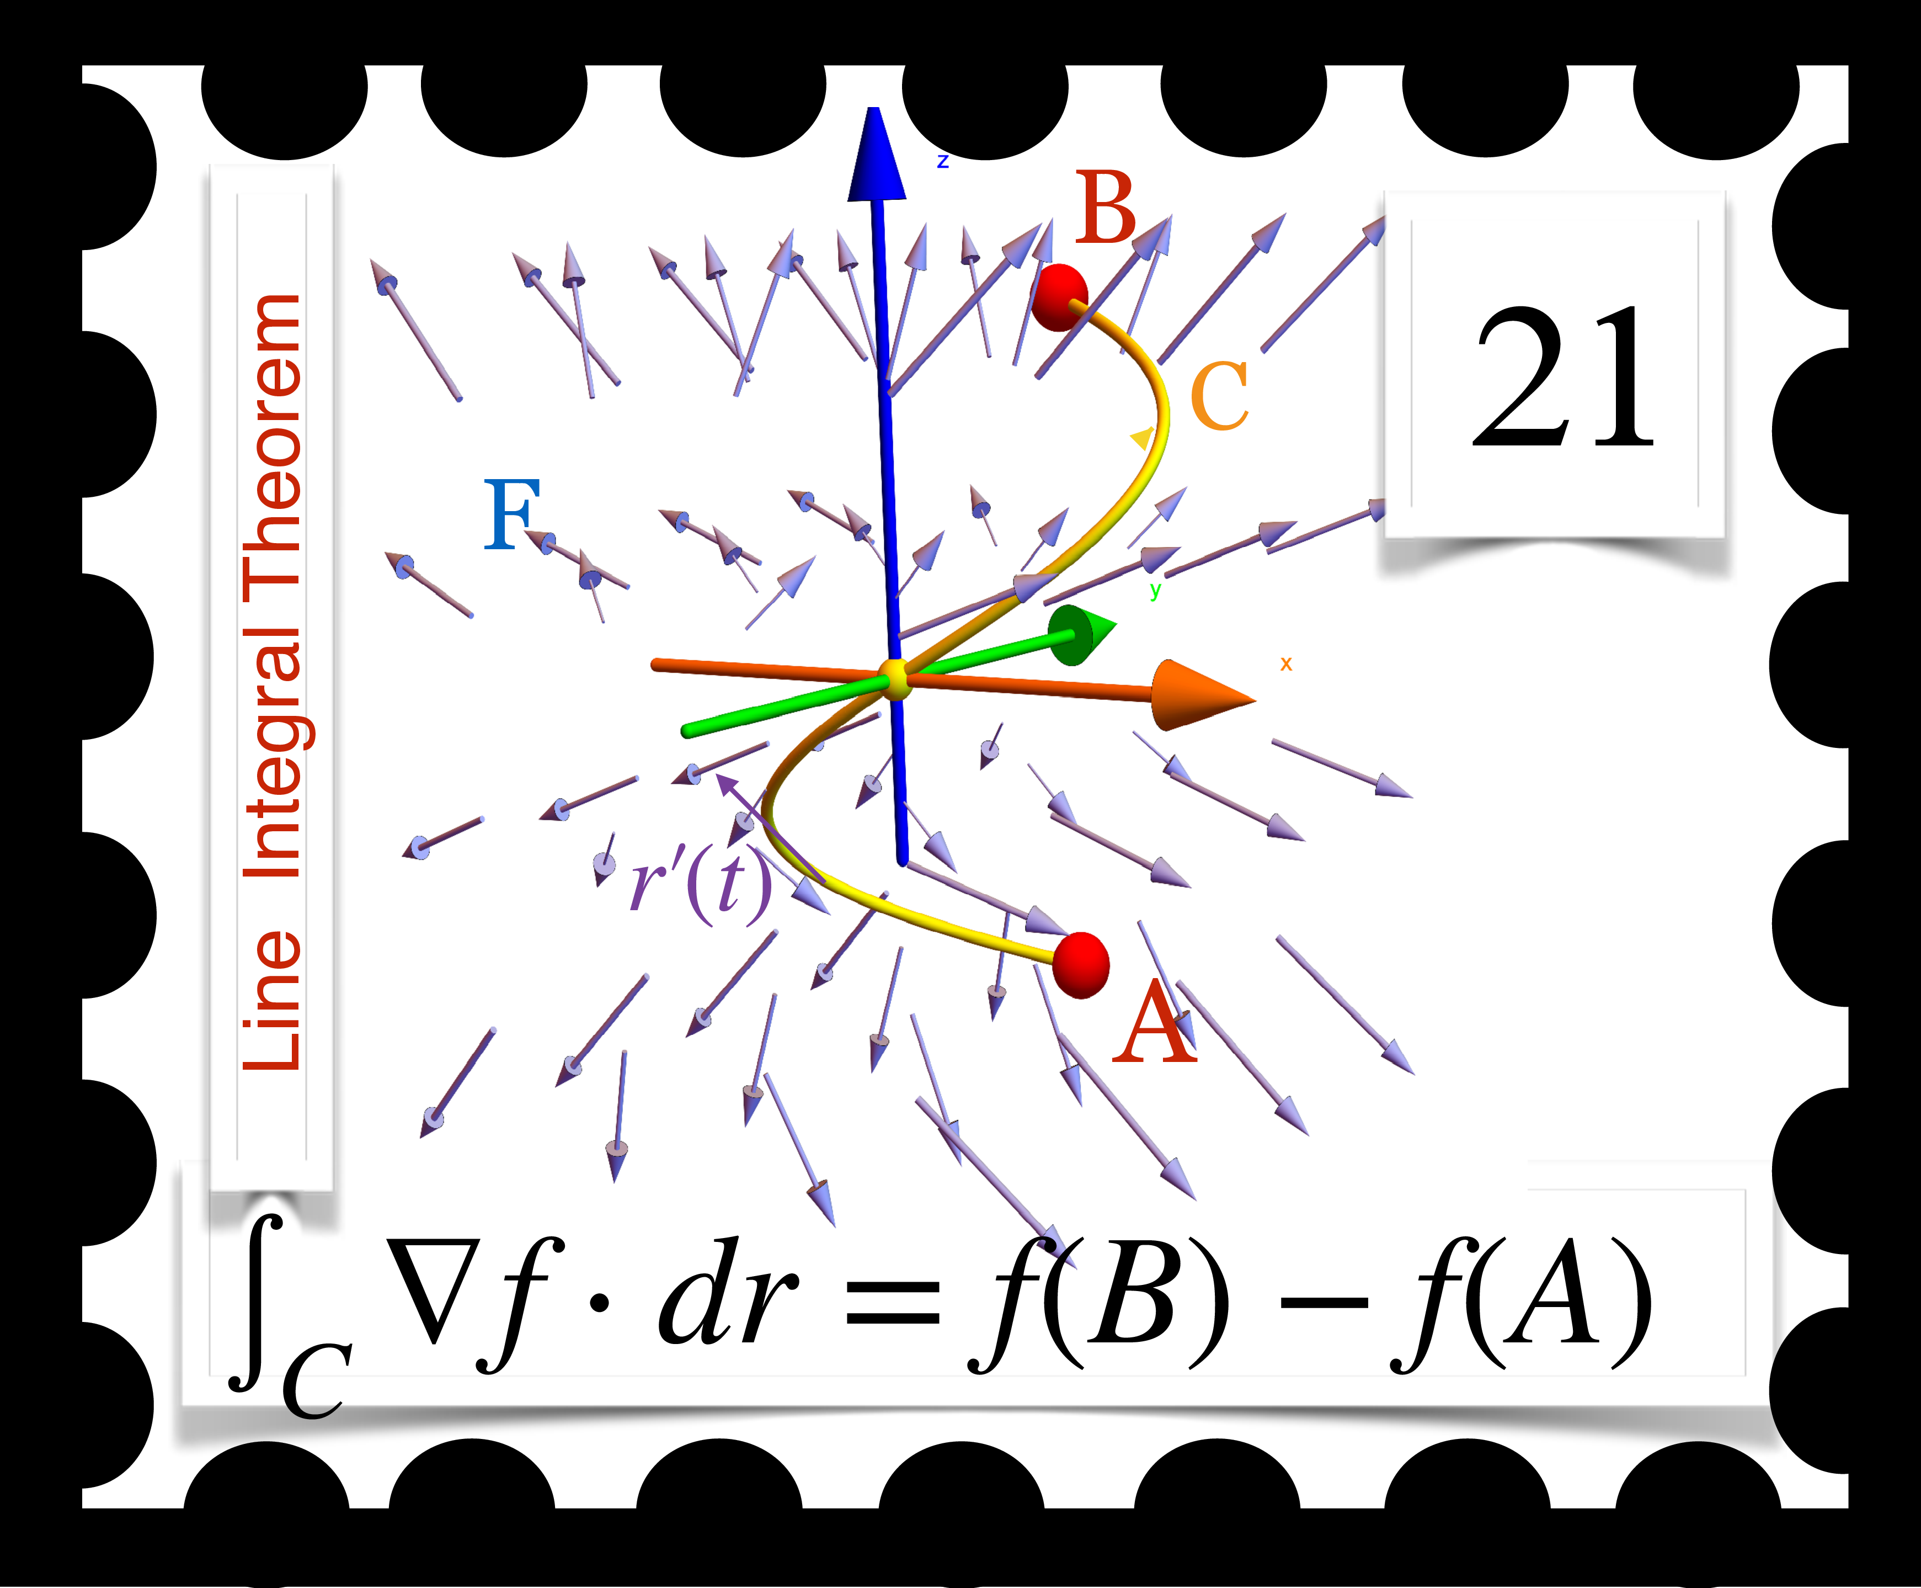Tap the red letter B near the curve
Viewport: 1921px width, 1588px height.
(x=1106, y=210)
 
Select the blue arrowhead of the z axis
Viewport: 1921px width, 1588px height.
(x=876, y=156)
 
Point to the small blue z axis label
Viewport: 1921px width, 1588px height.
(x=943, y=162)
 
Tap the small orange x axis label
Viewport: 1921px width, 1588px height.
(x=1285, y=664)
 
